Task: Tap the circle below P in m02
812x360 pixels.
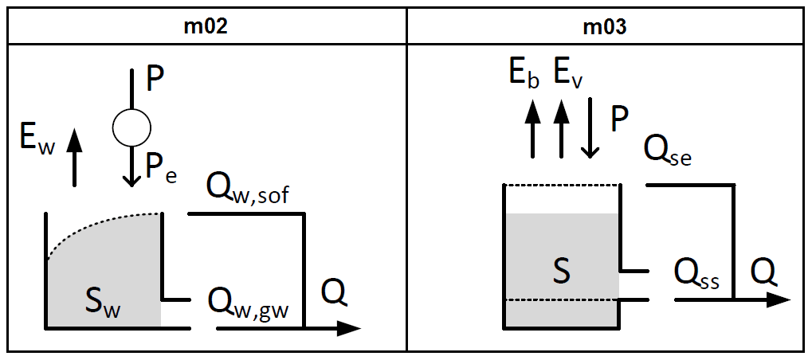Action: pos(131,126)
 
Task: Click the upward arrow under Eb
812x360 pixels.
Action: pos(532,127)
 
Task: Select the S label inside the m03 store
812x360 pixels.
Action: pos(562,272)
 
